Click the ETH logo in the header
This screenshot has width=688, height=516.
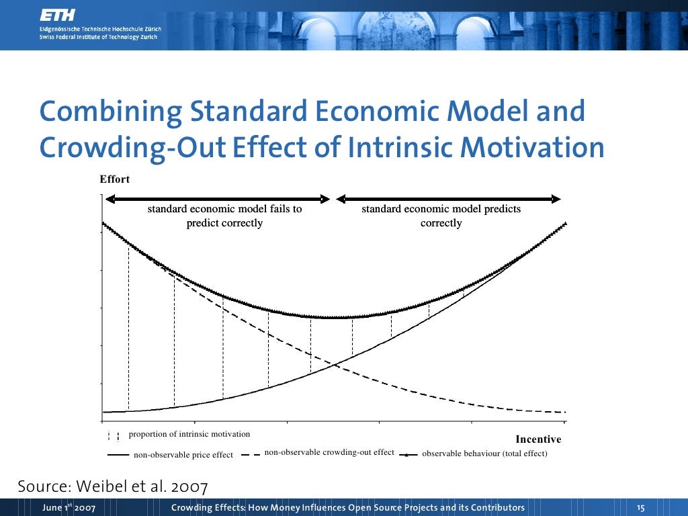57,14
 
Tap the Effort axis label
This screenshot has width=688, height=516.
114,179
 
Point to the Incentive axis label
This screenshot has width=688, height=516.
538,439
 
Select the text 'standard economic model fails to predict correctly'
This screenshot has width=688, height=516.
224,216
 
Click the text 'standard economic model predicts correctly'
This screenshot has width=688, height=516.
441,216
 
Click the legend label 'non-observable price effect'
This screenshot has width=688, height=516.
183,455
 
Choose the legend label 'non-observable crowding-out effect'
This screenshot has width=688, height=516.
329,452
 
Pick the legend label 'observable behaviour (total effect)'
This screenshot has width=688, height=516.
484,454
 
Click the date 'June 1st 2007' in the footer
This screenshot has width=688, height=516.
69,507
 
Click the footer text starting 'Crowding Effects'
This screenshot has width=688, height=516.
348,507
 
